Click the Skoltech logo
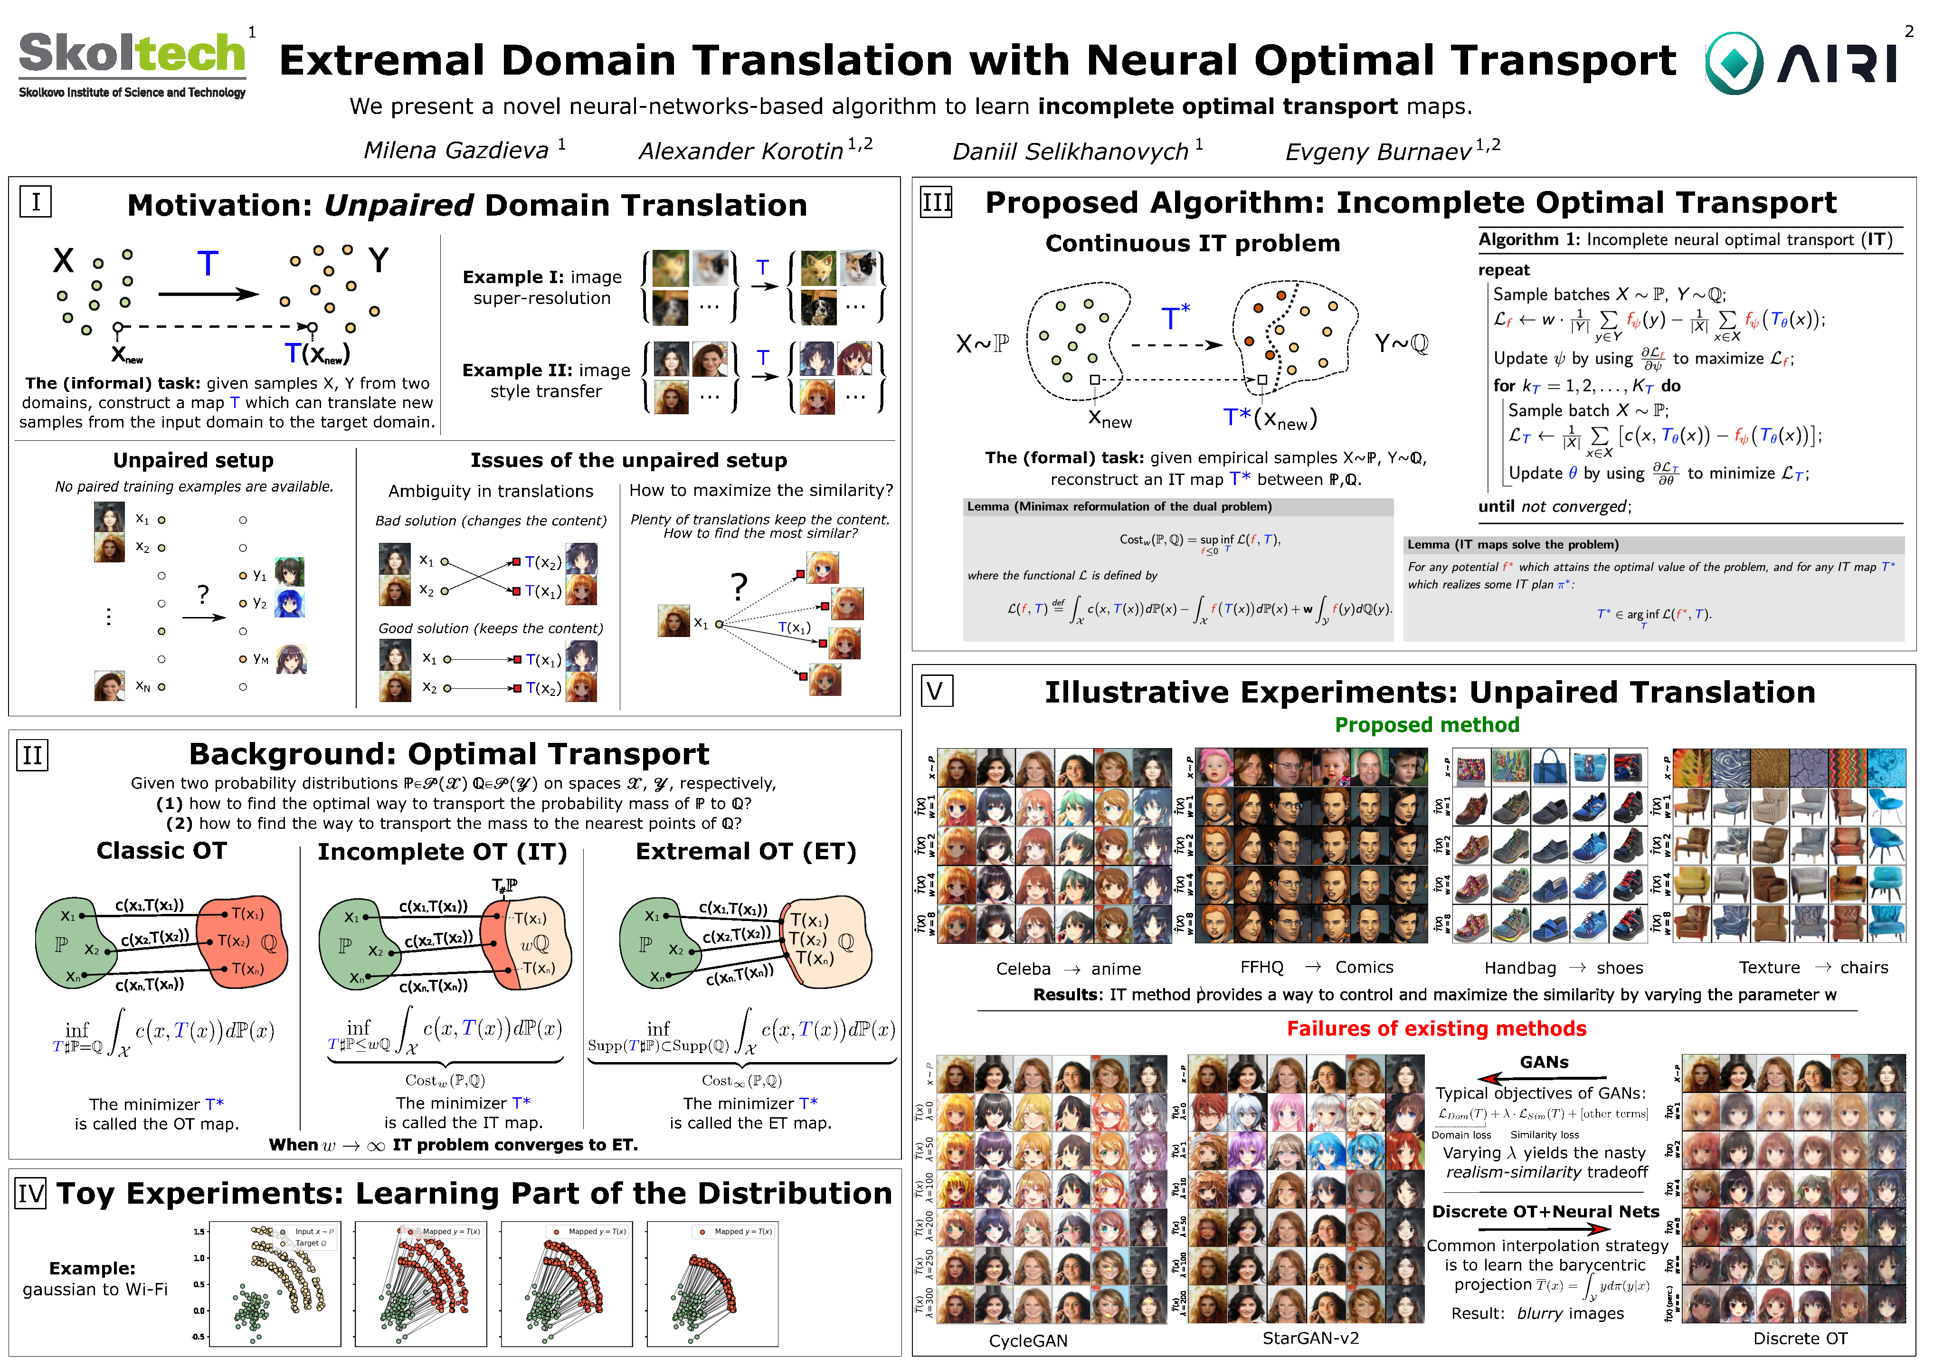(132, 63)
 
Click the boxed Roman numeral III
(937, 203)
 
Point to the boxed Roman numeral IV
(31, 1194)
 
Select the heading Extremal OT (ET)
(746, 852)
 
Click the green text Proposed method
(1427, 725)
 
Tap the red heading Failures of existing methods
(1436, 1028)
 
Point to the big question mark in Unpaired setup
(203, 594)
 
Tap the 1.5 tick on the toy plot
(199, 1232)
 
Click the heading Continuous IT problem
(1192, 244)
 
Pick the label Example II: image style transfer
(546, 381)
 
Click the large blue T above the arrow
(207, 264)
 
